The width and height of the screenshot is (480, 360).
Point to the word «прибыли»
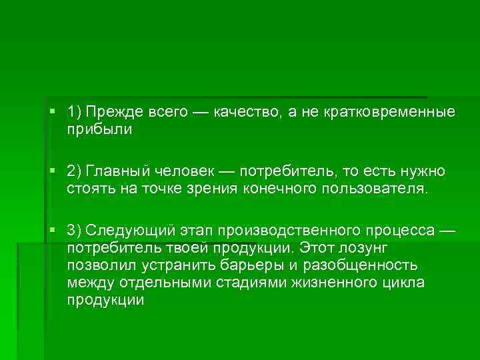click(99, 129)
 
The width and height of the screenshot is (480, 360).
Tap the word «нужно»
click(422, 171)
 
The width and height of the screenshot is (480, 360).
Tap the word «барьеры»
click(251, 265)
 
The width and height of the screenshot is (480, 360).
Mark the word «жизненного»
click(320, 283)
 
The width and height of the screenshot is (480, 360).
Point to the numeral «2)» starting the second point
click(74, 171)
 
